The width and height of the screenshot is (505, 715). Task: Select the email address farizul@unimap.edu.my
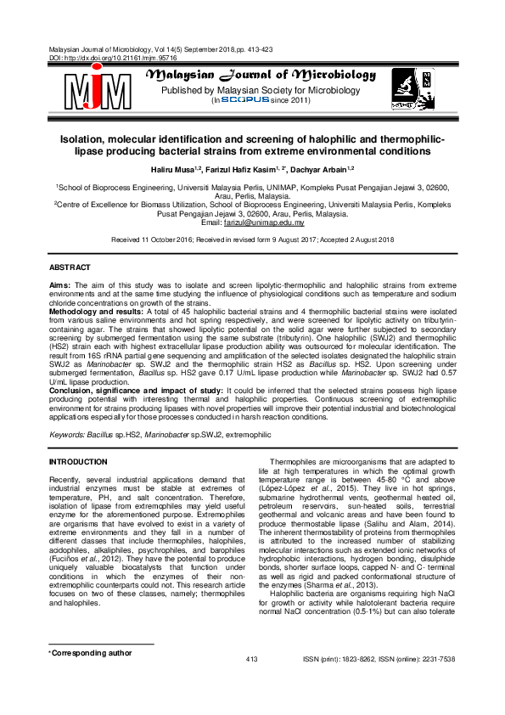point(273,222)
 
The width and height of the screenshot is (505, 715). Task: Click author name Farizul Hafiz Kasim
point(243,169)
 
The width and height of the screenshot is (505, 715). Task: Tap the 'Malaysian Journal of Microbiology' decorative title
point(261,76)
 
